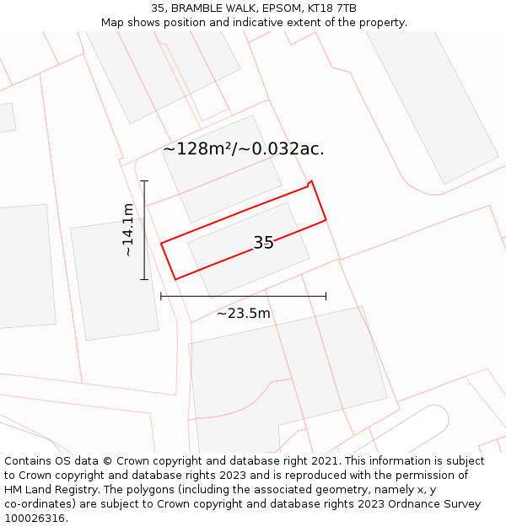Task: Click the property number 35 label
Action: pyautogui.click(x=263, y=243)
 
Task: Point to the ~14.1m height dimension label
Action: pyautogui.click(x=127, y=229)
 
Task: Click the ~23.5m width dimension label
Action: pyautogui.click(x=244, y=314)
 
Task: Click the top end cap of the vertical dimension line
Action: pyautogui.click(x=144, y=180)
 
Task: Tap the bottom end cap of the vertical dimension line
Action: pyautogui.click(x=144, y=279)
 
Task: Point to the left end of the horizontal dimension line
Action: pyautogui.click(x=161, y=296)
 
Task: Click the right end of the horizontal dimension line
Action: pyautogui.click(x=326, y=296)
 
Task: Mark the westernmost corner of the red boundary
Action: pyautogui.click(x=161, y=244)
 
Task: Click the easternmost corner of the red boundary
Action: pyautogui.click(x=326, y=220)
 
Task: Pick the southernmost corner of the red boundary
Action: pyautogui.click(x=175, y=279)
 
